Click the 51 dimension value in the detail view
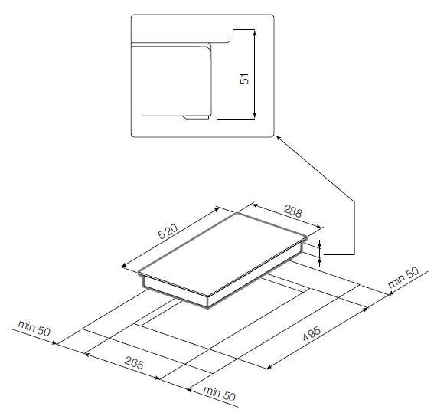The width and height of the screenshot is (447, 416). point(245,79)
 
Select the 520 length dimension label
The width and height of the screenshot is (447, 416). point(168,231)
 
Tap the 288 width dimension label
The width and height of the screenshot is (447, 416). point(292,211)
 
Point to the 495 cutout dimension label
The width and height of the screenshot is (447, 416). point(312,333)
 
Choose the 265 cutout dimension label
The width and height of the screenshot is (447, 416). point(134,363)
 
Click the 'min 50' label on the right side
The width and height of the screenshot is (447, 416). point(403,277)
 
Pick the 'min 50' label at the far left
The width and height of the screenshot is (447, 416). point(34,328)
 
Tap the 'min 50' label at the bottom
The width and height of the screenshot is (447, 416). point(220,394)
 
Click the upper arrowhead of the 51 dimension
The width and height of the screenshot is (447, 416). point(255,32)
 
